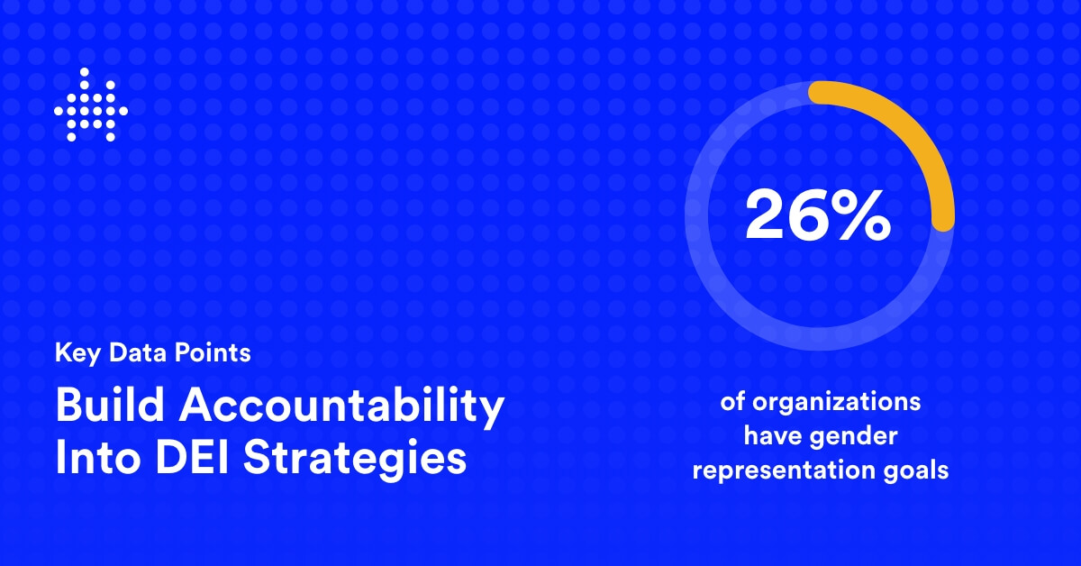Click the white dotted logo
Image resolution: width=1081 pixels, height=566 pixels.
tap(91, 105)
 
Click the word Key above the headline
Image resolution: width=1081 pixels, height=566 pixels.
tap(77, 353)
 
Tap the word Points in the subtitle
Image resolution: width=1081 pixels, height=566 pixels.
tap(213, 352)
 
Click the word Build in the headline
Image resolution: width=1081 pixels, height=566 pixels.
tap(110, 405)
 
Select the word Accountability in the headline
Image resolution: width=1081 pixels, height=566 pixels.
tap(341, 408)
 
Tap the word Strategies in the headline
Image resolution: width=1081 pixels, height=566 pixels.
tap(355, 460)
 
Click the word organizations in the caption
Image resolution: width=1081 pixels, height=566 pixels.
tap(836, 403)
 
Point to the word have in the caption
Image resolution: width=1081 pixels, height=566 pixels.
tap(773, 436)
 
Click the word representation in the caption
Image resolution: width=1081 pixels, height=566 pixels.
tap(784, 470)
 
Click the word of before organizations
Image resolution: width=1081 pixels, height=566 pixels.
tap(732, 402)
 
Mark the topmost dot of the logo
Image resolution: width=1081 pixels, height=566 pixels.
tap(85, 72)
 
